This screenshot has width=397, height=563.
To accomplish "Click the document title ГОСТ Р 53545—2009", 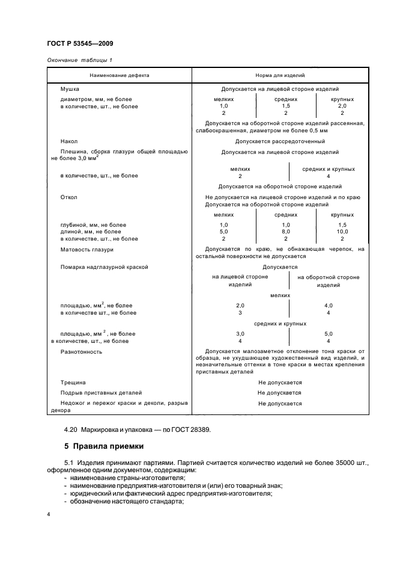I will tap(79, 44).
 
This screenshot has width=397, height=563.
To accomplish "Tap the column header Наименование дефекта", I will tap(119, 76).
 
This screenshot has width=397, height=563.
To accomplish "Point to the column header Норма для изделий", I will tap(280, 76).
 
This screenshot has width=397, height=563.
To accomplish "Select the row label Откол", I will tap(69, 197).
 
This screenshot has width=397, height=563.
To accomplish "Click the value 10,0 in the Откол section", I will tap(342, 231).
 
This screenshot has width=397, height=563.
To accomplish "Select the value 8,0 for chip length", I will tap(286, 231).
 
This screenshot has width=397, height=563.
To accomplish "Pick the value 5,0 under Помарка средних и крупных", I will tap(329, 333).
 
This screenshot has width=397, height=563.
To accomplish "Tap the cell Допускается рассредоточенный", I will tap(280, 141).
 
